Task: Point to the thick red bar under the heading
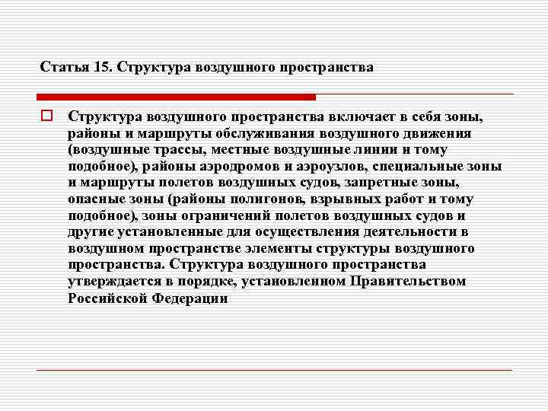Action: coord(176,97)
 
